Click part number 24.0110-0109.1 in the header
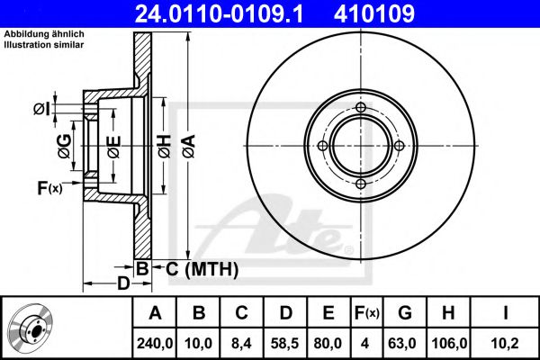point(219,13)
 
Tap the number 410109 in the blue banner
point(374,13)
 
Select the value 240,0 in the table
point(155,344)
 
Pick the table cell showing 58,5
point(284,344)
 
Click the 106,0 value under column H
point(449,344)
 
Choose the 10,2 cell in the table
point(505,344)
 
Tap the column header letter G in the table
point(405,313)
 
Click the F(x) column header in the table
point(367,313)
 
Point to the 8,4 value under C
point(241,344)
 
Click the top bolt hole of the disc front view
point(361,107)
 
